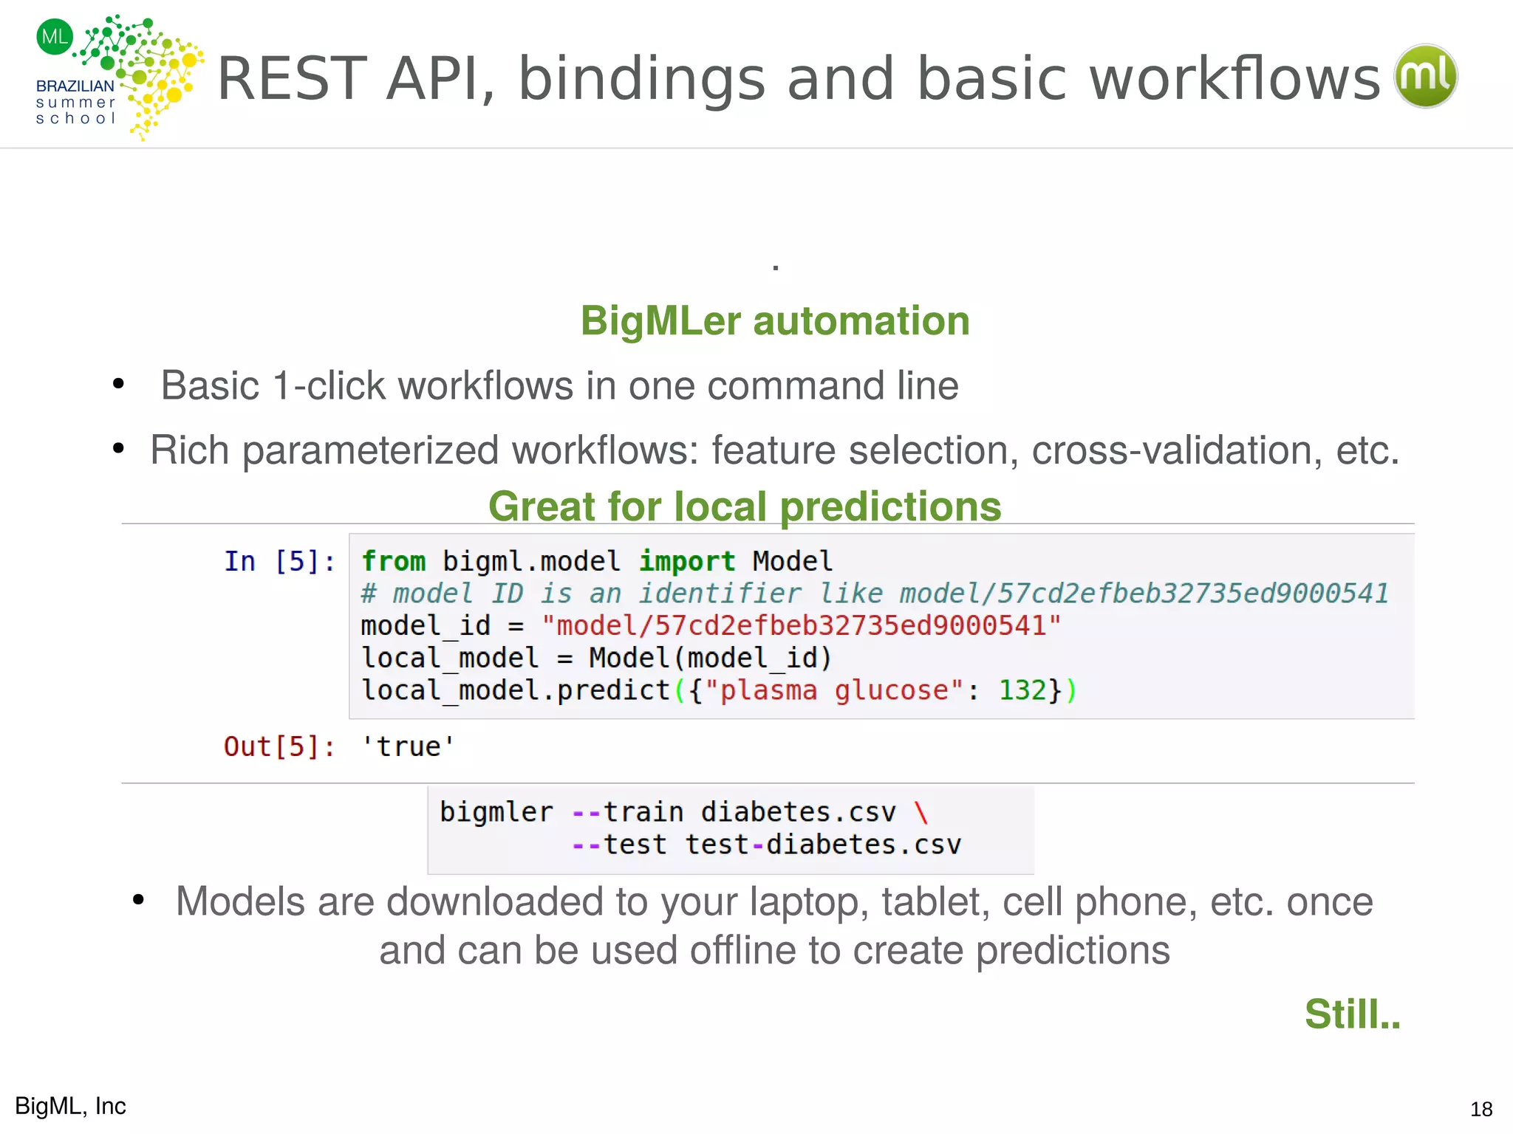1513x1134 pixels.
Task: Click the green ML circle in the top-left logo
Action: click(55, 37)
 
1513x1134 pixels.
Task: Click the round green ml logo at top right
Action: click(1425, 76)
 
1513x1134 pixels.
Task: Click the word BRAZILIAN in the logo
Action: click(75, 86)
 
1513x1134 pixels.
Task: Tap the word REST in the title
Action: click(292, 79)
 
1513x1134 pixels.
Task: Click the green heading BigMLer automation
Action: click(774, 321)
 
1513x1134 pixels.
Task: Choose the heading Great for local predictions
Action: click(745, 506)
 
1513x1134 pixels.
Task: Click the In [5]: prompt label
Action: click(279, 561)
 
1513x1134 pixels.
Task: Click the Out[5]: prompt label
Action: click(279, 746)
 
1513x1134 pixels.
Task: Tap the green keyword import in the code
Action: click(686, 561)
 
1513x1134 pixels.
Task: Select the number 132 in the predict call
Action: click(1022, 690)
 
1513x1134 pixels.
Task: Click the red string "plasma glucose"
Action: click(834, 690)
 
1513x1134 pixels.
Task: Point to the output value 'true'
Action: click(408, 746)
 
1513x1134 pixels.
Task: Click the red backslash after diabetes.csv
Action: click(921, 812)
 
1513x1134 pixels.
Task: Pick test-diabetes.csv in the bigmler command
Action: click(823, 844)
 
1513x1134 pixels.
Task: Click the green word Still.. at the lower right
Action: click(1351, 1014)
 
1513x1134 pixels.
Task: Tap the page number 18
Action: click(1480, 1109)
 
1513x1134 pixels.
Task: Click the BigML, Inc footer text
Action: click(71, 1106)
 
